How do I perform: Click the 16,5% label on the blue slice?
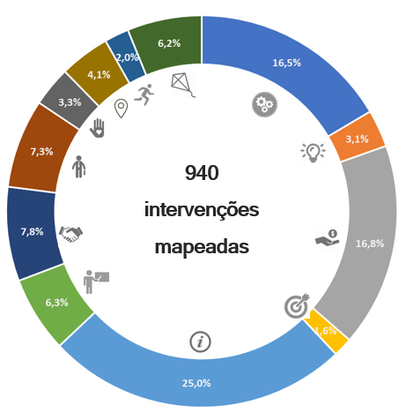pyautogui.click(x=286, y=63)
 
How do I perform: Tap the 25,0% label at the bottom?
pyautogui.click(x=196, y=383)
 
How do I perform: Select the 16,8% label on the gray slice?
pyautogui.click(x=370, y=244)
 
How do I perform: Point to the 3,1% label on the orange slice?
pyautogui.click(x=357, y=139)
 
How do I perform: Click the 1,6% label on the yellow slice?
pyautogui.click(x=326, y=331)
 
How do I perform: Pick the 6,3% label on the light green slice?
pyautogui.click(x=56, y=303)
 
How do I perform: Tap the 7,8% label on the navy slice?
pyautogui.click(x=32, y=231)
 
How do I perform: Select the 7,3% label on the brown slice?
pyautogui.click(x=41, y=152)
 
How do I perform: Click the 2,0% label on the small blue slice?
pyautogui.click(x=127, y=57)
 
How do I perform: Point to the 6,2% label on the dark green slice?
pyautogui.click(x=169, y=43)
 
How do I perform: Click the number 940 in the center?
pyautogui.click(x=202, y=173)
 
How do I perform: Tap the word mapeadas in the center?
pyautogui.click(x=202, y=247)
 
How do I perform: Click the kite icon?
pyautogui.click(x=182, y=85)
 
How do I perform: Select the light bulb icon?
pyautogui.click(x=313, y=153)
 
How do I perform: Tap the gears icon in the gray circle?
pyautogui.click(x=264, y=104)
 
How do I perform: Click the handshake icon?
pyautogui.click(x=70, y=234)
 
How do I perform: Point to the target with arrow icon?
pyautogui.click(x=297, y=305)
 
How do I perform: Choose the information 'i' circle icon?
pyautogui.click(x=200, y=342)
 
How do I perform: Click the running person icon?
pyautogui.click(x=144, y=94)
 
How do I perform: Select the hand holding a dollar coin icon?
pyautogui.click(x=328, y=238)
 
